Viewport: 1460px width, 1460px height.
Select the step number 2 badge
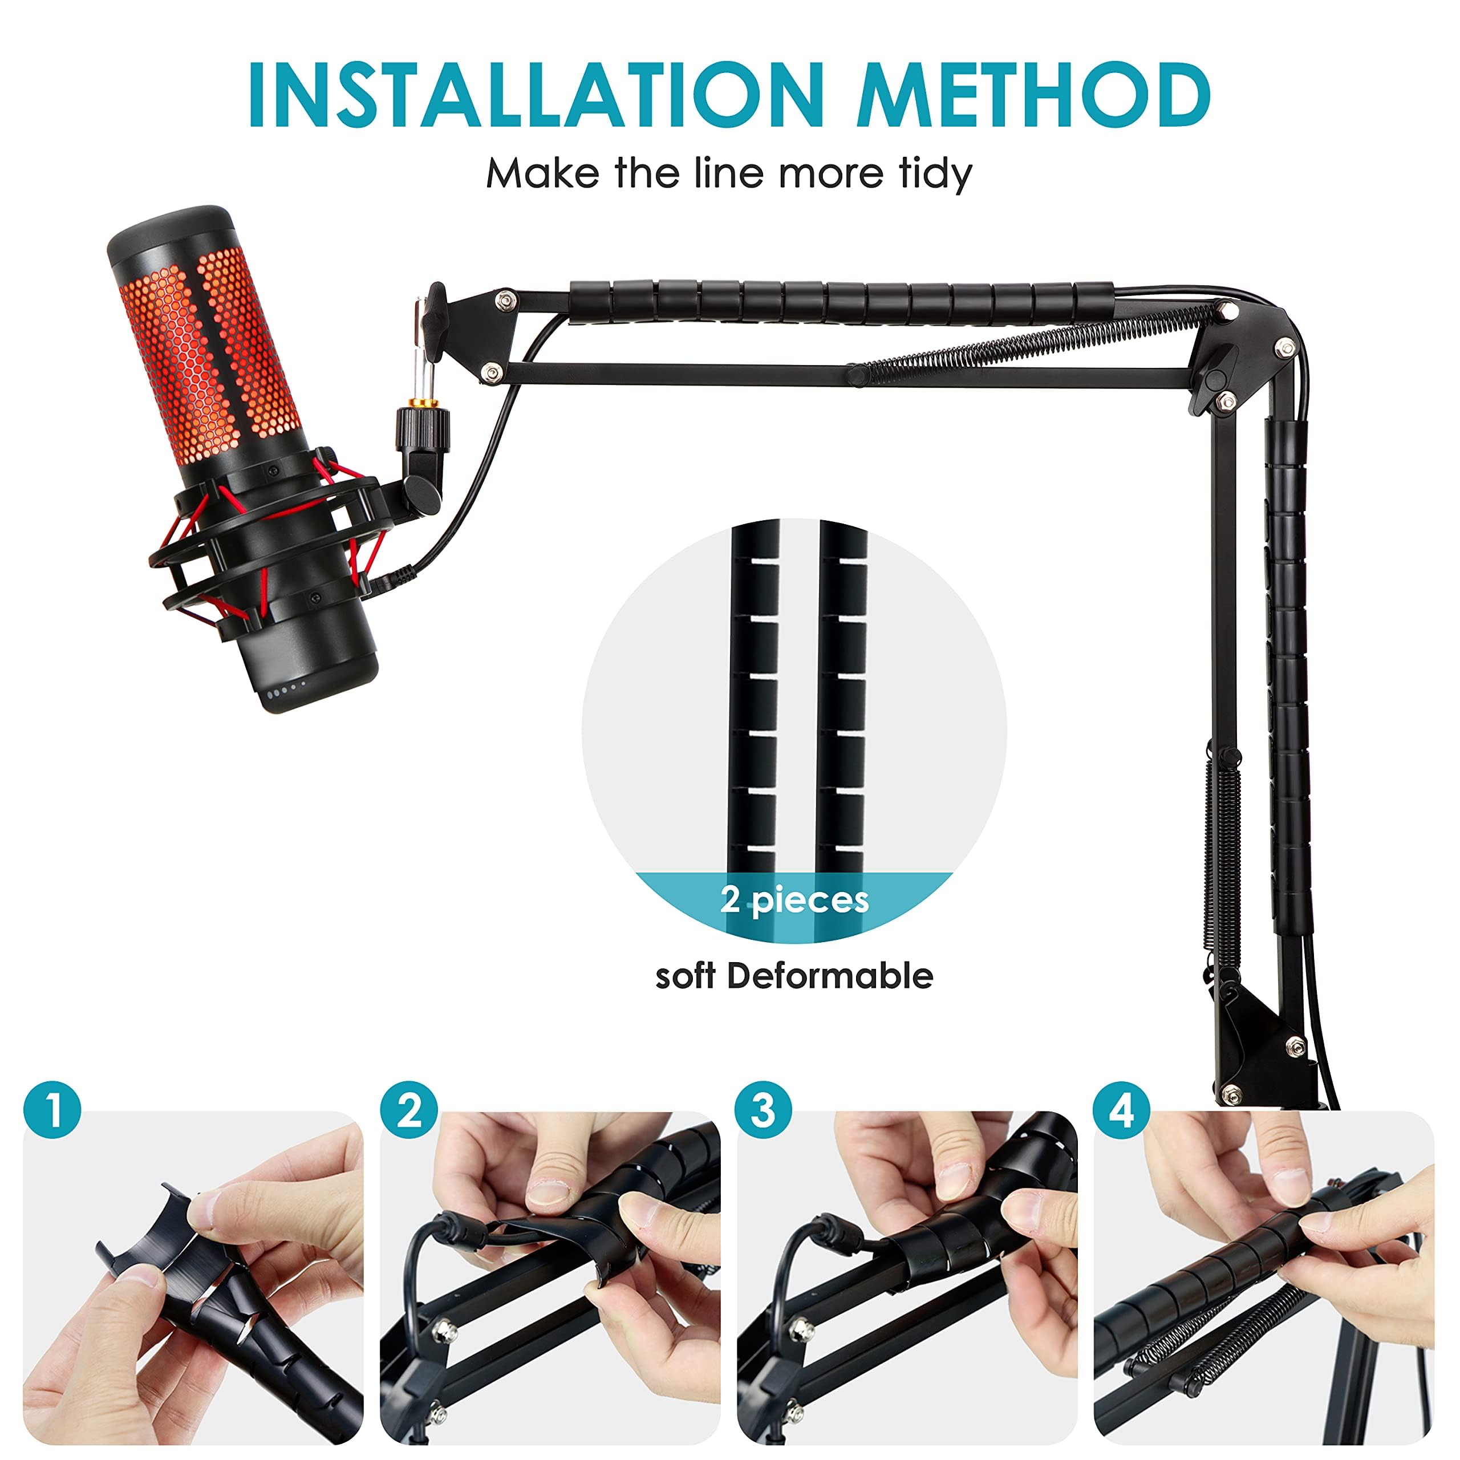[409, 1111]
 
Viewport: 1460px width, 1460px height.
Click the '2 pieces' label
[794, 900]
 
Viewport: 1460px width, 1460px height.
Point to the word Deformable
[830, 976]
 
